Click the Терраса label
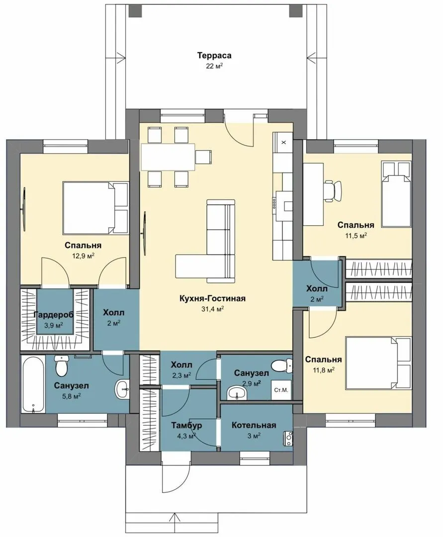(x=214, y=55)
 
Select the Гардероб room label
(x=54, y=315)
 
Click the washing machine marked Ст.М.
(x=281, y=390)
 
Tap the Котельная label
(x=254, y=425)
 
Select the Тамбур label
(x=186, y=425)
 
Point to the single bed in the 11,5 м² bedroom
(x=396, y=194)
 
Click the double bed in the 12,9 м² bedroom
(x=95, y=207)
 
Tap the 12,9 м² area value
(x=83, y=256)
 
